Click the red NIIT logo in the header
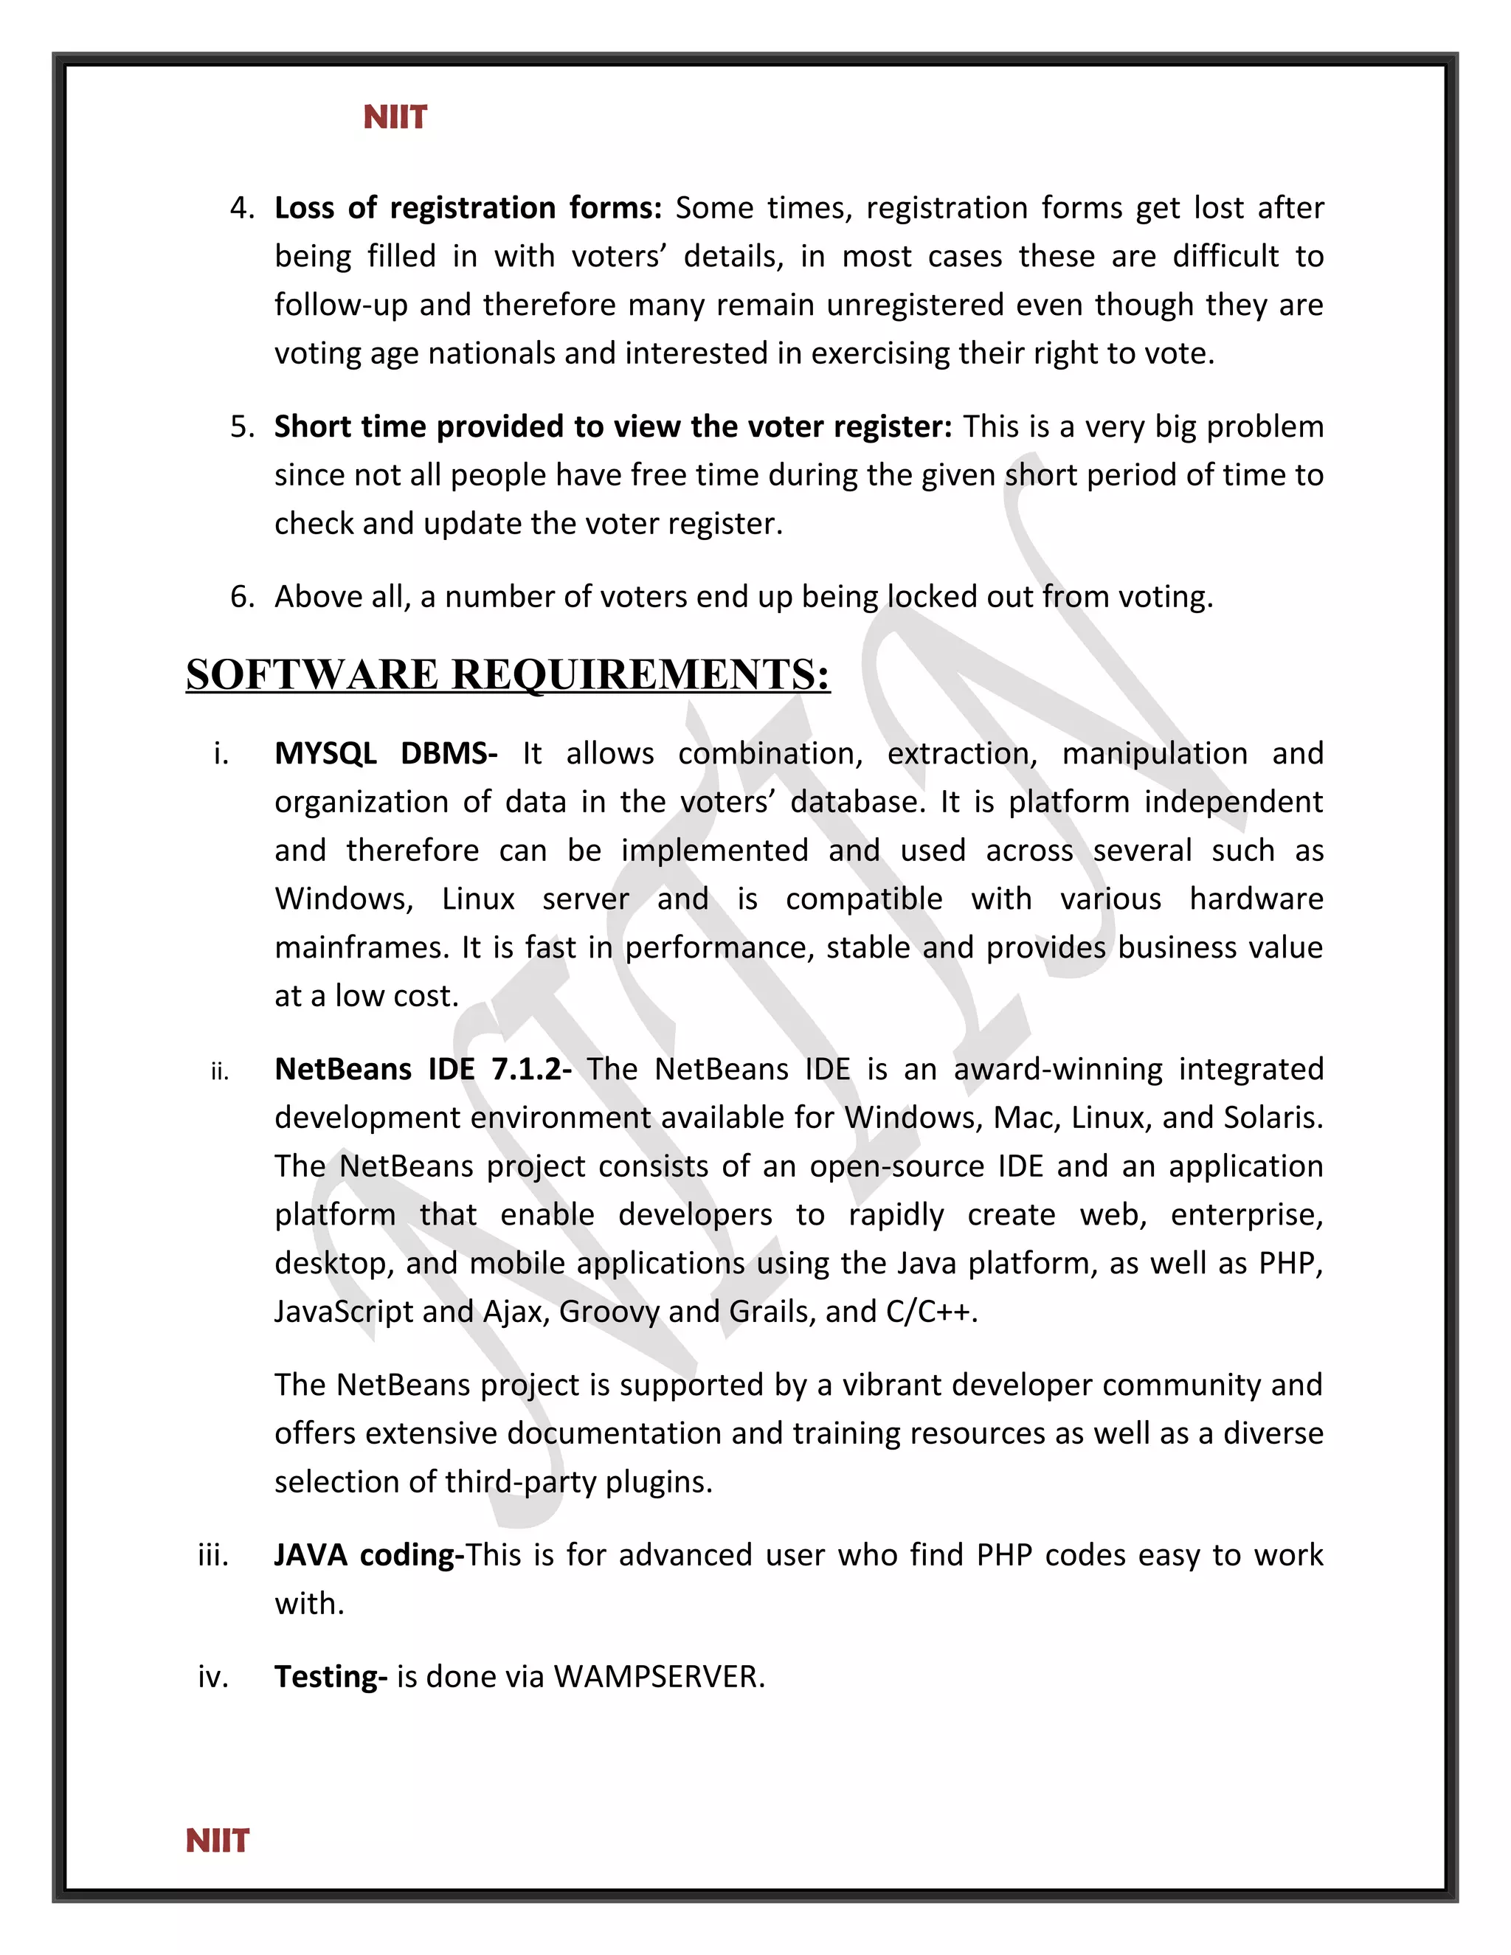(395, 117)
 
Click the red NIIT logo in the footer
(218, 1841)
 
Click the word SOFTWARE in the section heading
(312, 675)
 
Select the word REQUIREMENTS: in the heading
(641, 675)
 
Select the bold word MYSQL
(325, 754)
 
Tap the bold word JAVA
(311, 1555)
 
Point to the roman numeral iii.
(213, 1555)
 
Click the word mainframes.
(361, 947)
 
